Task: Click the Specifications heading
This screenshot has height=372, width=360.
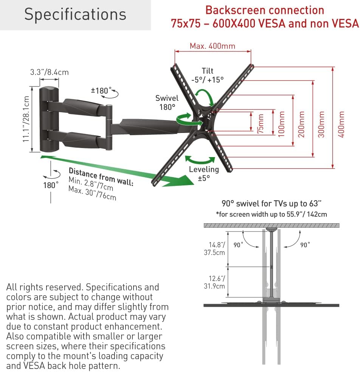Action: (75, 14)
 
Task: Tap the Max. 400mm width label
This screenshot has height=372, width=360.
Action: (212, 46)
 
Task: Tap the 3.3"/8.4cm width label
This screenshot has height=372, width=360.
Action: (50, 72)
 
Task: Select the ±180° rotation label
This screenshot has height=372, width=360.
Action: (101, 91)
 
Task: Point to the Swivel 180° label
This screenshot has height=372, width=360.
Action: (167, 102)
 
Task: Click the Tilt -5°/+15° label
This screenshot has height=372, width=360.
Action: (207, 75)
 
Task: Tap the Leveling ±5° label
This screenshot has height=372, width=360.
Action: (204, 173)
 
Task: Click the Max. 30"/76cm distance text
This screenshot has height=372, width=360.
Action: (92, 193)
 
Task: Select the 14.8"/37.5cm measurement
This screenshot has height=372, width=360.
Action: (214, 249)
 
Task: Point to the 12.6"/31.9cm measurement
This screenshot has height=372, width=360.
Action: (214, 282)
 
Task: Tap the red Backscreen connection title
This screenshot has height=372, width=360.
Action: (264, 10)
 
